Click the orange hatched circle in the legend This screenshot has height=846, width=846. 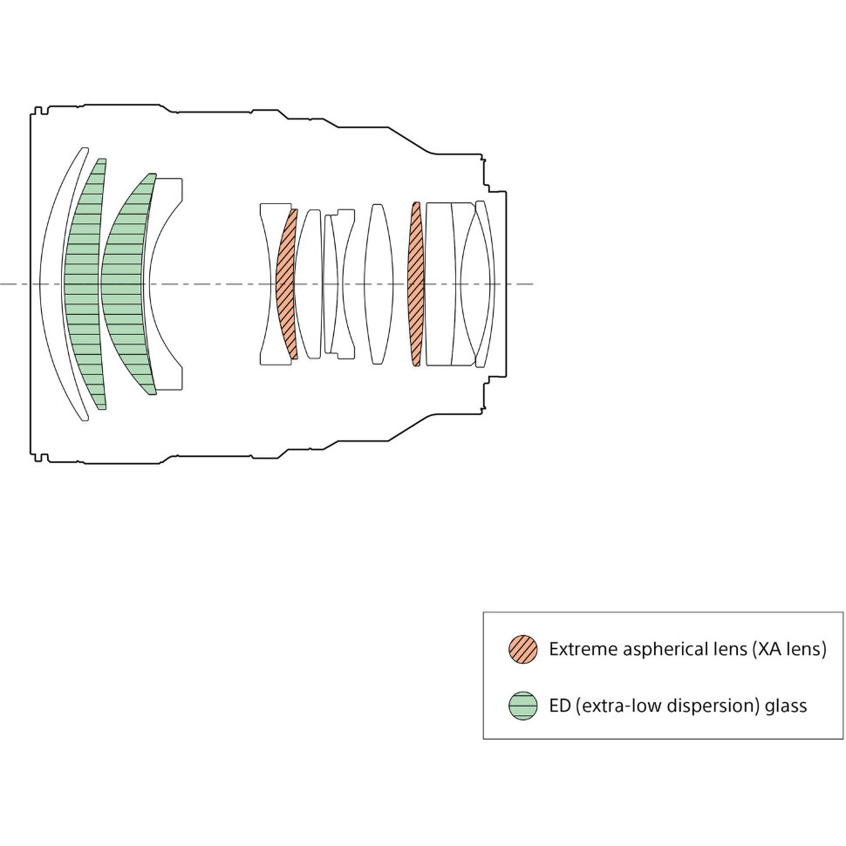[x=522, y=649]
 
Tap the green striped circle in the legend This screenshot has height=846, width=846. [x=522, y=706]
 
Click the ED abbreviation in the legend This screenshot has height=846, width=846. [x=560, y=706]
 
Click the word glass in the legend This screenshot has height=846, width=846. [x=786, y=706]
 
